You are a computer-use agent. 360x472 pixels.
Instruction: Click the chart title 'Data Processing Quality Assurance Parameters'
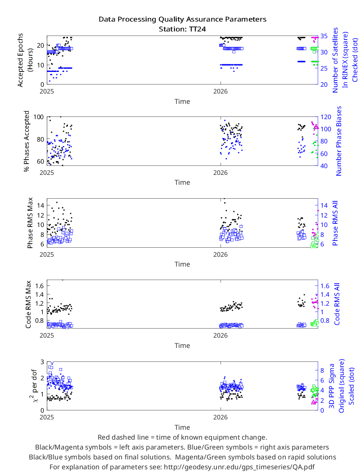(182, 19)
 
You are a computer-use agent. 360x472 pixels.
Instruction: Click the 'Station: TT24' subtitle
(182, 29)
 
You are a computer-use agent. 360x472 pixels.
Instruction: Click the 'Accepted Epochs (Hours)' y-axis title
(25, 60)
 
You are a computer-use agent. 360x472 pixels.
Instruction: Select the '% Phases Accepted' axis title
(27, 141)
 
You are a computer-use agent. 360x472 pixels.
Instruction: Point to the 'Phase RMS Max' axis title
(30, 223)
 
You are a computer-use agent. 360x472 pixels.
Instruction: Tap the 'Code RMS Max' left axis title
(28, 304)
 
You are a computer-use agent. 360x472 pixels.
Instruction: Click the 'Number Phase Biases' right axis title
(338, 141)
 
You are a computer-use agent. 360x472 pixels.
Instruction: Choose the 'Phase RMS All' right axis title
(335, 223)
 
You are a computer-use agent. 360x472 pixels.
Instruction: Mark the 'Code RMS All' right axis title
(337, 304)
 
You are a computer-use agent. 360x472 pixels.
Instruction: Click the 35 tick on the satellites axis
(324, 36)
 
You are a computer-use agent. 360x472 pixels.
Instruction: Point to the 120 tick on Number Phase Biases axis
(326, 117)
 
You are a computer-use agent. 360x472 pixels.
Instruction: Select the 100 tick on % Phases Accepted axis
(39, 117)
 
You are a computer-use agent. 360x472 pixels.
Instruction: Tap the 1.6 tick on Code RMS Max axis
(40, 285)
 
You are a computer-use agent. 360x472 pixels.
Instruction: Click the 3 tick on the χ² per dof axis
(42, 361)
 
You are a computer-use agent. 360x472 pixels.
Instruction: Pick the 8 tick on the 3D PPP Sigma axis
(322, 370)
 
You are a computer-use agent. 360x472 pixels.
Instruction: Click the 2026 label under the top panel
(220, 92)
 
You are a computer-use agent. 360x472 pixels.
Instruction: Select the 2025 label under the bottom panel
(47, 417)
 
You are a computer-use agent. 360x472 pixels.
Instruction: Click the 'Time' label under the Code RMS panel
(182, 346)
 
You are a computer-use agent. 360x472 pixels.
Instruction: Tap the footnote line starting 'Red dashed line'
(182, 437)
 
